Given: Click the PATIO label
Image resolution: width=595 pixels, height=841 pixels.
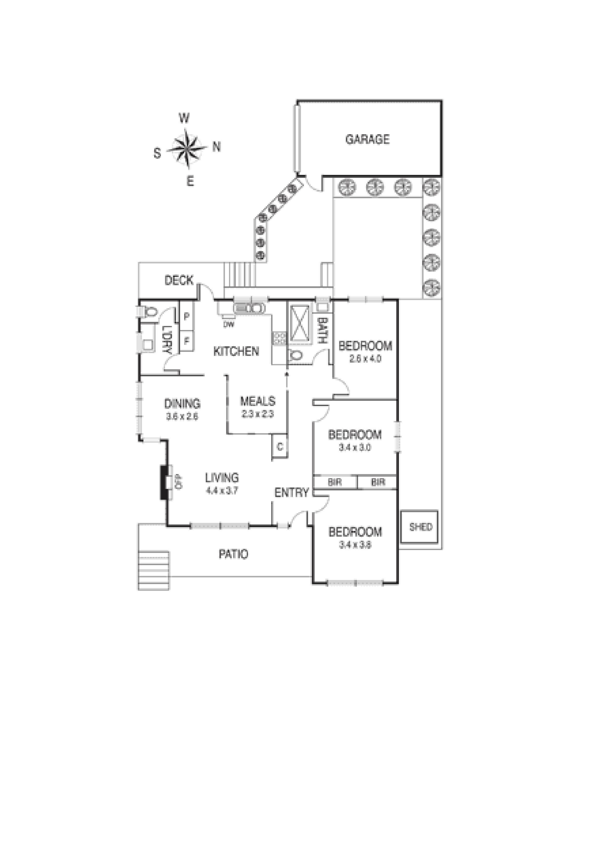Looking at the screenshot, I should [x=233, y=554].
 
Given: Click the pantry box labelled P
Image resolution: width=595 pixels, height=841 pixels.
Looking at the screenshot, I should [x=186, y=316].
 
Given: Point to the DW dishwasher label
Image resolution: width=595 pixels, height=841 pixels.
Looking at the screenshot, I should [x=229, y=324].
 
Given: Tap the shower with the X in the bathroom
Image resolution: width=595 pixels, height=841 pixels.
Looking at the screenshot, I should [x=300, y=323].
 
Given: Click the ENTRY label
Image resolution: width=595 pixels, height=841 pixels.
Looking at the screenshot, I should [x=291, y=493].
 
